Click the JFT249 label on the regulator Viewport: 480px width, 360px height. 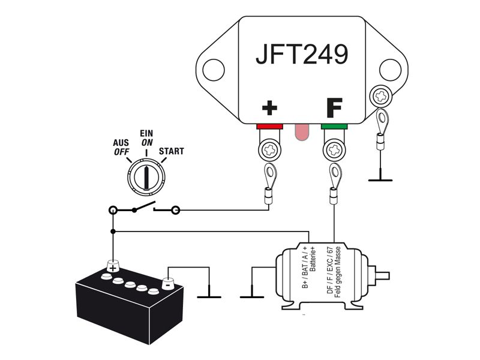pos(302,55)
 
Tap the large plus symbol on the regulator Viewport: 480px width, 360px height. pos(269,108)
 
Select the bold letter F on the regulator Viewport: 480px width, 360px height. pos(334,108)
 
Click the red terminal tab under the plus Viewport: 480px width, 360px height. pos(269,127)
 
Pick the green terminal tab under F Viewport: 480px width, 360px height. pos(334,127)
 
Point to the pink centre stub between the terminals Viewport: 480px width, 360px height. pos(302,132)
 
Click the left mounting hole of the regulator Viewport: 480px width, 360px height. pos(214,70)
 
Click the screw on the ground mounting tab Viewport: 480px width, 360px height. pos(381,97)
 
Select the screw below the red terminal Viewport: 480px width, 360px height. pos(269,151)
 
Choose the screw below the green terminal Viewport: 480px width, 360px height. pos(334,151)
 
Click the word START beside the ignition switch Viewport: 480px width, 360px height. pos(172,151)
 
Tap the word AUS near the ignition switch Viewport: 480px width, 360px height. pos(121,143)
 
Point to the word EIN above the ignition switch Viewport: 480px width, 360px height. pos(146,133)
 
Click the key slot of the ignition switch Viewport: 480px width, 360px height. pos(147,178)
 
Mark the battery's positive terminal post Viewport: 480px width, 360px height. pos(113,266)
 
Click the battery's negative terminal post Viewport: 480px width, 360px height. pos(167,283)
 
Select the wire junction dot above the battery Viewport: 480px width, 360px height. pos(113,232)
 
